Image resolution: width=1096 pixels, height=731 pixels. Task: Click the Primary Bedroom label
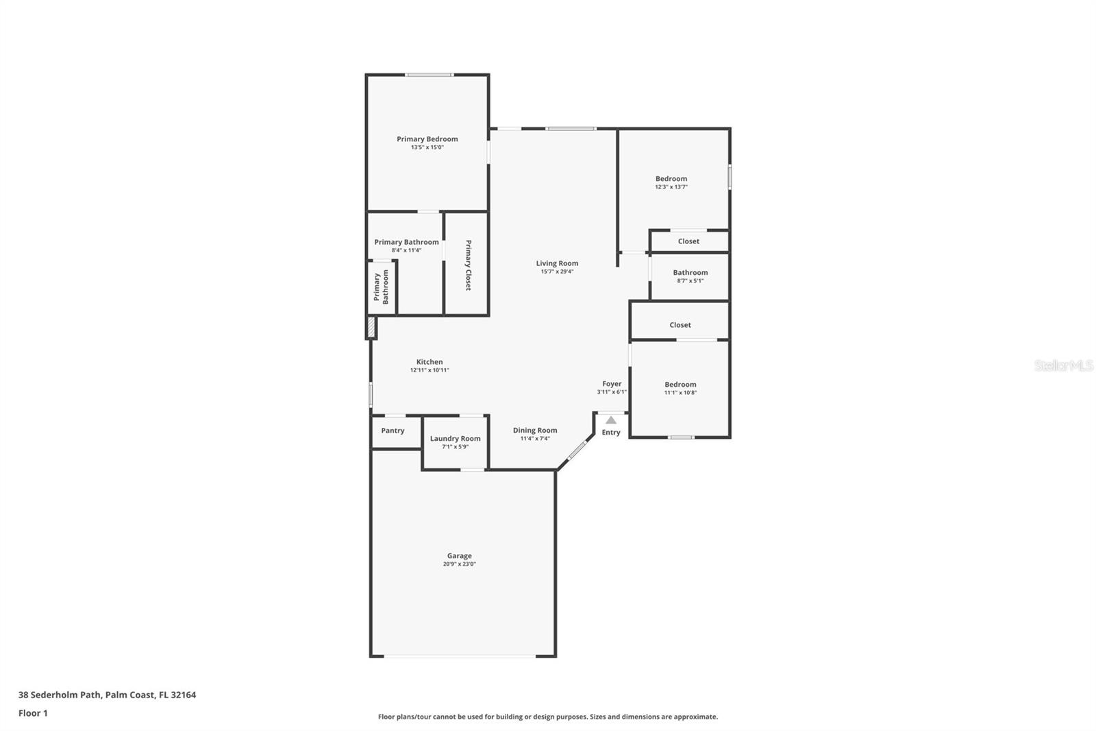[427, 139]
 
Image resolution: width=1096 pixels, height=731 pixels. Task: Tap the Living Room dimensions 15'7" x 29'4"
[557, 272]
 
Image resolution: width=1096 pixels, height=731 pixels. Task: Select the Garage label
[459, 556]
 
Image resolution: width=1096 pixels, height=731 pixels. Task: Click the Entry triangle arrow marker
[611, 420]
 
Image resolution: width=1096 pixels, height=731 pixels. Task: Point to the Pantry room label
[393, 431]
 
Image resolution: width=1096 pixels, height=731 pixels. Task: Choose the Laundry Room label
[455, 439]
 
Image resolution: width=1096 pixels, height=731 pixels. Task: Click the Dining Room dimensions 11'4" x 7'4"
[535, 439]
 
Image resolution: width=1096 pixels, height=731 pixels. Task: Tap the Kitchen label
[429, 362]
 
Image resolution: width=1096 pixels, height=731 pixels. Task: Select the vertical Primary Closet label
[469, 265]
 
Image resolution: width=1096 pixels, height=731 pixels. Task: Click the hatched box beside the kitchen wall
[371, 327]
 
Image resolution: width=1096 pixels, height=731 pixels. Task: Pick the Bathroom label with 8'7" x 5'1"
[690, 273]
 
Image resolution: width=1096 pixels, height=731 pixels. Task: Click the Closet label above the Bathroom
[688, 241]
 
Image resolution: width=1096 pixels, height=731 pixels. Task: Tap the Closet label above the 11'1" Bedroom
[680, 325]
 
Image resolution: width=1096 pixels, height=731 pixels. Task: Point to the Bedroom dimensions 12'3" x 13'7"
[671, 187]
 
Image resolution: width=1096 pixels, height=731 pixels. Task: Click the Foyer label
[612, 384]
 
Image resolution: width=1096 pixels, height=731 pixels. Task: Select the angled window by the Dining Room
[577, 450]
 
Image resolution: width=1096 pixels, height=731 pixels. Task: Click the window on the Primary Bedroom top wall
[428, 75]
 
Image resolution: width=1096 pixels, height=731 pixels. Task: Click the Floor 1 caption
[33, 713]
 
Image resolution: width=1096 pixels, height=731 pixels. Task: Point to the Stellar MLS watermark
[1063, 365]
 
